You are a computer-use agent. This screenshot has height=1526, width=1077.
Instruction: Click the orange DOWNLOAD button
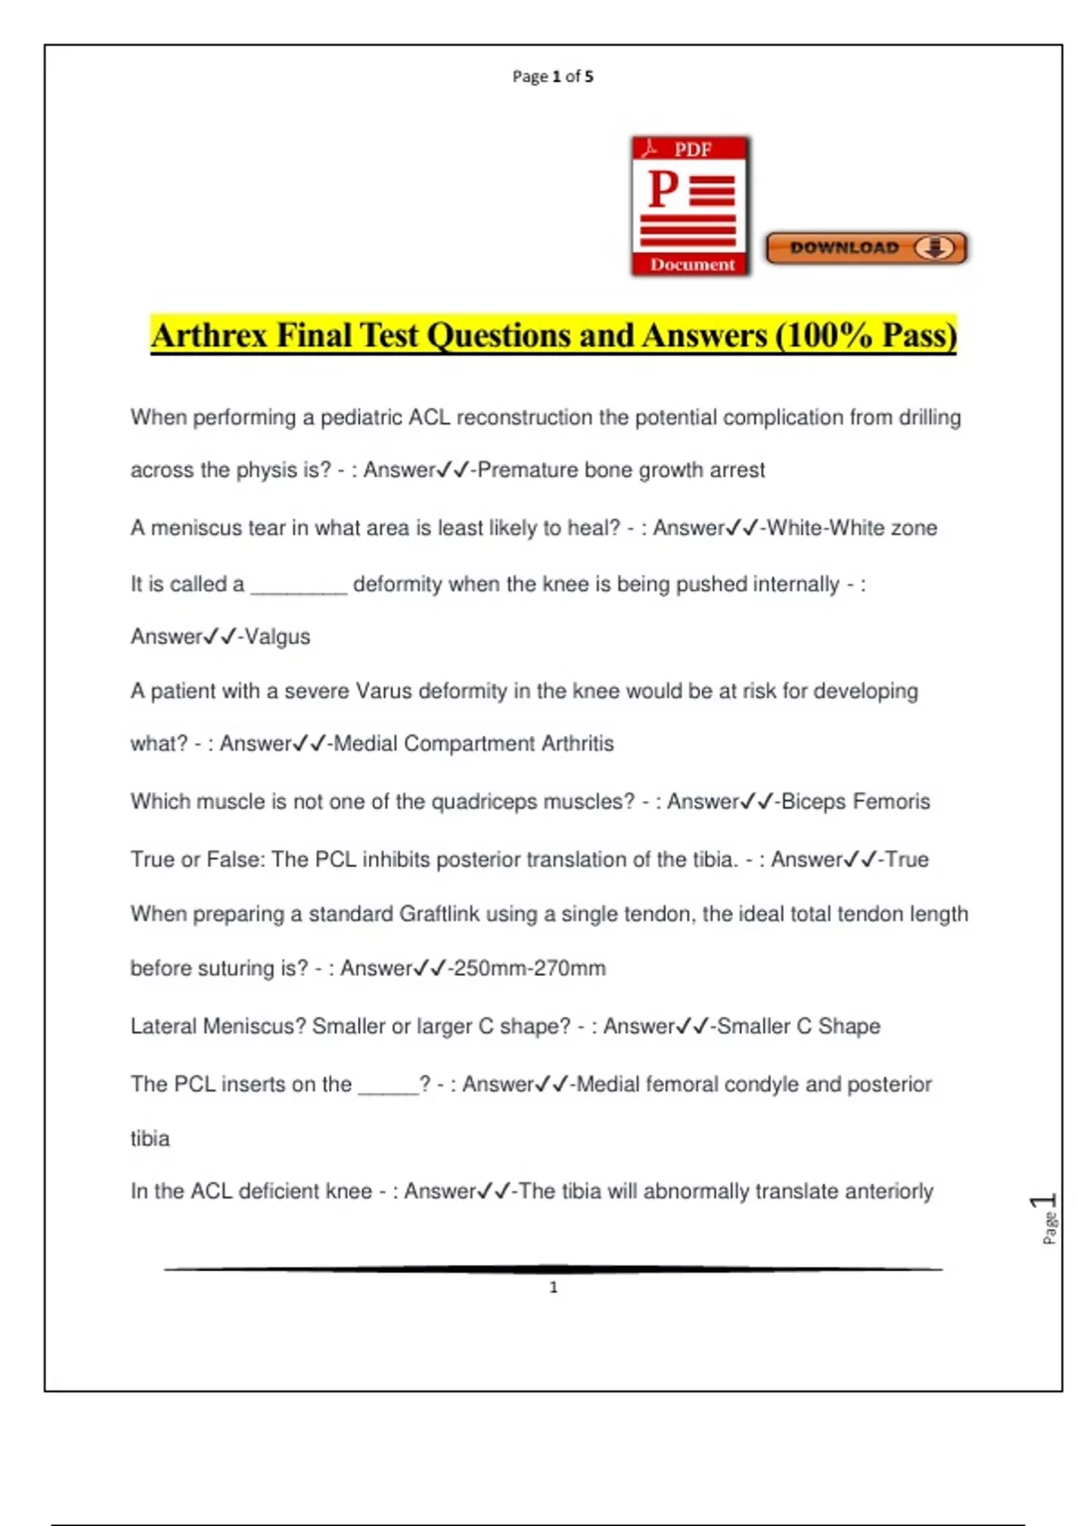click(866, 248)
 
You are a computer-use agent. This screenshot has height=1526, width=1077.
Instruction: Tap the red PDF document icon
click(690, 206)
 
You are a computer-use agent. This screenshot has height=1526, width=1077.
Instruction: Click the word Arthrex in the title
click(209, 336)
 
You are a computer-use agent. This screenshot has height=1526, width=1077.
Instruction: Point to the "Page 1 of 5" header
click(553, 76)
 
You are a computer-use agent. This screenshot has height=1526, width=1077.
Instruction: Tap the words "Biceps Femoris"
click(855, 802)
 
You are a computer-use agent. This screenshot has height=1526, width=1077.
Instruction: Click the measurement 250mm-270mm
click(530, 969)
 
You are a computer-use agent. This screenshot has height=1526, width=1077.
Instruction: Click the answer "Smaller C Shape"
click(798, 1026)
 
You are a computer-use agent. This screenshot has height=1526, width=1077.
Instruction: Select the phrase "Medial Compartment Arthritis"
click(474, 743)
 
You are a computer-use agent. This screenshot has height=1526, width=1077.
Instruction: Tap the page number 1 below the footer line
click(553, 1287)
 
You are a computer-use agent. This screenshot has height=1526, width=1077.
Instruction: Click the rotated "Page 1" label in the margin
click(1046, 1218)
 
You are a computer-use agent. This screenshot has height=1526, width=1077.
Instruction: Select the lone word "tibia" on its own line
click(150, 1138)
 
